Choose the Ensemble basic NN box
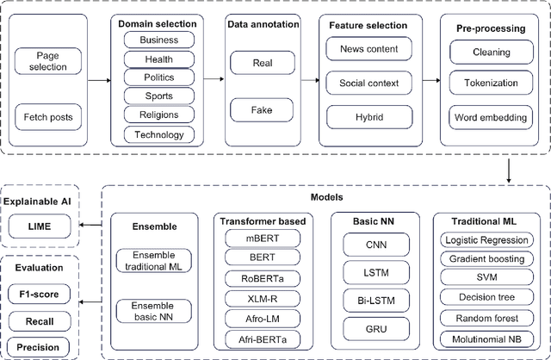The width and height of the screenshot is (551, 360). tap(155, 311)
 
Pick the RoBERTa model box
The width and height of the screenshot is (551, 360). tap(262, 278)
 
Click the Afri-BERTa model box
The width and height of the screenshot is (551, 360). tap(262, 339)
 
